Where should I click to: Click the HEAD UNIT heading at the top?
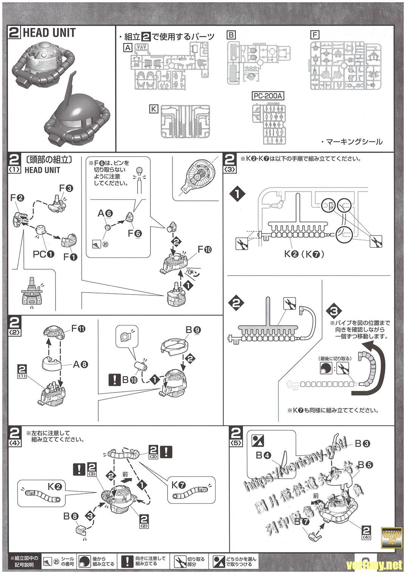coord(49,33)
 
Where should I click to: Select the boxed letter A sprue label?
coord(128,48)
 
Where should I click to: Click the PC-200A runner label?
coord(268,96)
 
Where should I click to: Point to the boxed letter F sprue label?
coord(314,35)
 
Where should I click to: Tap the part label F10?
coord(205,250)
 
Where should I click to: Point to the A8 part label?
coord(80,365)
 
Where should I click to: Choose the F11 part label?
coord(78,329)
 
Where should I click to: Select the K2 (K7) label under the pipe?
coord(304,254)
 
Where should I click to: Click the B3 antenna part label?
coord(362,444)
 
